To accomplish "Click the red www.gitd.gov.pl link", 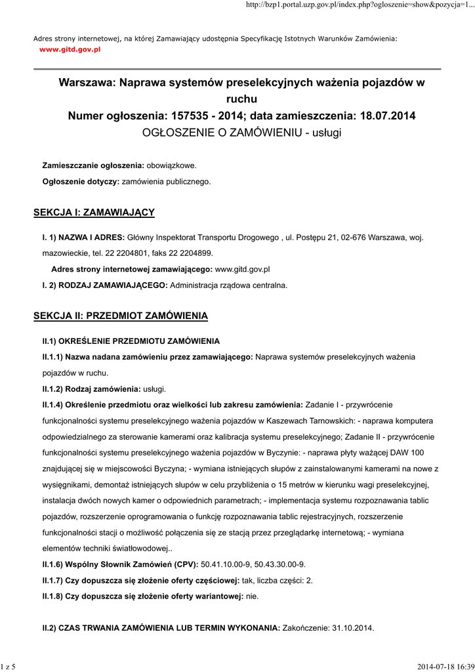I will (70, 49).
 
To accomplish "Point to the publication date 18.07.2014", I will (388, 116).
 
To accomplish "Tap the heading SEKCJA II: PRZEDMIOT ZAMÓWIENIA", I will (121, 316).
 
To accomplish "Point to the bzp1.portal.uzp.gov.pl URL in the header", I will (359, 5).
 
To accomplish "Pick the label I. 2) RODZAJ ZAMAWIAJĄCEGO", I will (105, 285).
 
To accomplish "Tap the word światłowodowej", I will (140, 549).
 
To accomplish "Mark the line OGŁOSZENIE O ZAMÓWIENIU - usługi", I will (242, 133).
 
